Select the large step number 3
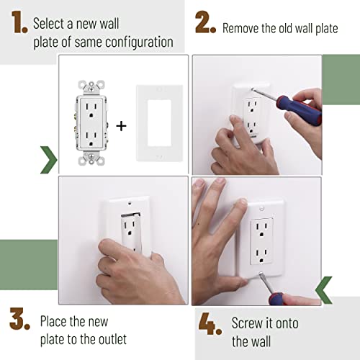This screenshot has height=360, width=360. [x=19, y=319]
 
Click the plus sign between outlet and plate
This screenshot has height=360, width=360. [x=121, y=125]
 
